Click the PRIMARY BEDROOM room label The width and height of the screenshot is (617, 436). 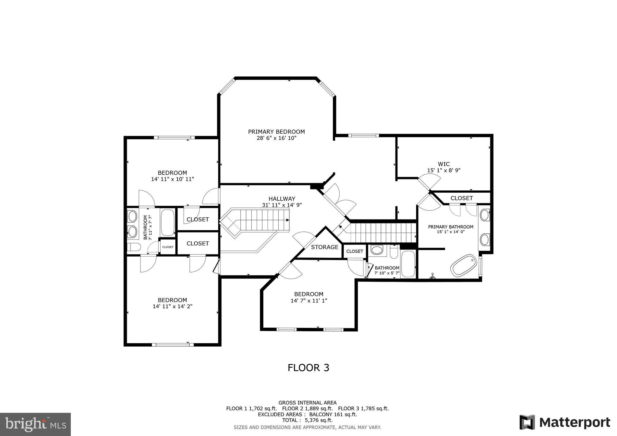(276, 132)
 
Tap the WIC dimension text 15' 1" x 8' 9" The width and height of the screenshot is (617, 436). (443, 170)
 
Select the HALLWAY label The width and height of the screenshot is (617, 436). (282, 199)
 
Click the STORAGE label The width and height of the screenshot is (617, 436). (324, 247)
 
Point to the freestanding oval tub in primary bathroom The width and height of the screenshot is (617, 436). (464, 265)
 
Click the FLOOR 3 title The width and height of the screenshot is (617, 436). (308, 368)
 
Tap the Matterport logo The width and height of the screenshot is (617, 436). (565, 422)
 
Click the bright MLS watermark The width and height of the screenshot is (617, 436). (35, 424)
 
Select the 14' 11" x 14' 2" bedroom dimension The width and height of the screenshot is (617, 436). (172, 307)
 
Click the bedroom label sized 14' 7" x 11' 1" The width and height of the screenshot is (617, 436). (308, 294)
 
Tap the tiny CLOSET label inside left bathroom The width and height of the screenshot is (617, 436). (168, 247)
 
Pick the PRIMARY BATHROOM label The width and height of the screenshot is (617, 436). (450, 227)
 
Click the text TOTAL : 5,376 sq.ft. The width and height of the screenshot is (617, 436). (307, 420)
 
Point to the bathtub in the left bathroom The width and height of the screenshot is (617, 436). (168, 223)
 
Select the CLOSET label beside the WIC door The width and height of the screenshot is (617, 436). (461, 198)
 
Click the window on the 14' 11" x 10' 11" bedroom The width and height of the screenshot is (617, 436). (174, 138)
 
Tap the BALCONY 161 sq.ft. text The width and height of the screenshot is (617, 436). (333, 414)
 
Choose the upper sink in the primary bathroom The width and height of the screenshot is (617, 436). (484, 215)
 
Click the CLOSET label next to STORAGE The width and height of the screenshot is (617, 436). (355, 251)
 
